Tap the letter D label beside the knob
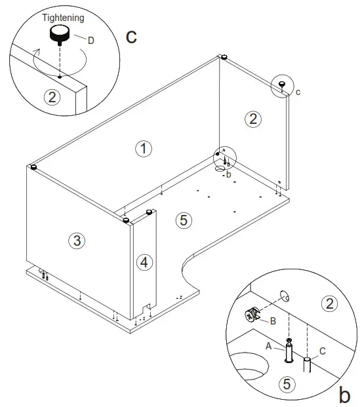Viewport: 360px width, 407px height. point(90,41)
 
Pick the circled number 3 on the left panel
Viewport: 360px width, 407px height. point(77,241)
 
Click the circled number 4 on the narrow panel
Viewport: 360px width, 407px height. point(145,262)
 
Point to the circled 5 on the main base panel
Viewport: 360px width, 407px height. point(184,220)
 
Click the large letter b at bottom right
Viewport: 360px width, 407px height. point(344,395)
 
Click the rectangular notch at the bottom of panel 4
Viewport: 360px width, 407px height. point(149,305)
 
